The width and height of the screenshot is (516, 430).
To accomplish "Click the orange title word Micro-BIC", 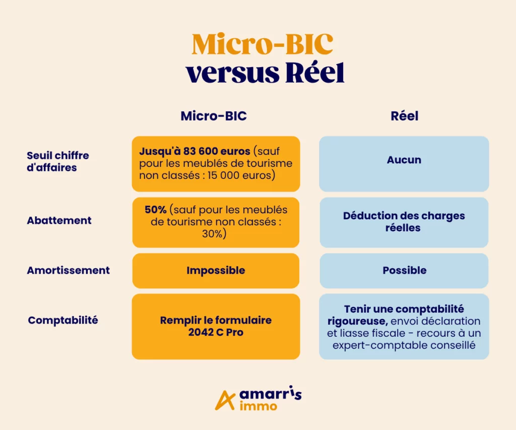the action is click(x=262, y=44).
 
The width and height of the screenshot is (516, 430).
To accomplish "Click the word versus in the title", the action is click(x=232, y=73).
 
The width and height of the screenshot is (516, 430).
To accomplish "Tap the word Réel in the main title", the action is click(x=314, y=72).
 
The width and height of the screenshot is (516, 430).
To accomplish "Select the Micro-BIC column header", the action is click(x=214, y=116).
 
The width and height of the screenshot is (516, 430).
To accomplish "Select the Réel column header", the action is click(x=405, y=116).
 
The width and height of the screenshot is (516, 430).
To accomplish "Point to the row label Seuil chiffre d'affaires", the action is click(x=58, y=161).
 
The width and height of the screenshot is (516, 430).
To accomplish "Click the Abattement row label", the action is click(x=59, y=220).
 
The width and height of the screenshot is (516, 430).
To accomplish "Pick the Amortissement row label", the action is click(x=69, y=270).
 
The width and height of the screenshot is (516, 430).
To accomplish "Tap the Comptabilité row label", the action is click(x=63, y=320).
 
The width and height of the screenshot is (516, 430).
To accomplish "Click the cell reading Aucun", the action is click(x=404, y=164).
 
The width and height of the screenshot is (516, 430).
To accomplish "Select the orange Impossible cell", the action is click(x=216, y=271).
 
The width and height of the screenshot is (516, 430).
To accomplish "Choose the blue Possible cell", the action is click(x=404, y=271).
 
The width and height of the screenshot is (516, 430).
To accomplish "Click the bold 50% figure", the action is click(x=155, y=210).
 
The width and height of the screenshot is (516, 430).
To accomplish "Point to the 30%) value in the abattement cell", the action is click(x=214, y=234).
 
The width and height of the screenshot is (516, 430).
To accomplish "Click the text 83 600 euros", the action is click(x=217, y=151).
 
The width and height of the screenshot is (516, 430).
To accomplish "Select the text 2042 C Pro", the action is click(x=216, y=332).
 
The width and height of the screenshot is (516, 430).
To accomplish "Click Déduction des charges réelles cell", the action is click(x=404, y=222).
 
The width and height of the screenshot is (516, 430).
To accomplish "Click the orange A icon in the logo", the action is click(x=225, y=400).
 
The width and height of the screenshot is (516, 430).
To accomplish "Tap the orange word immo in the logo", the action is click(x=259, y=406).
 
